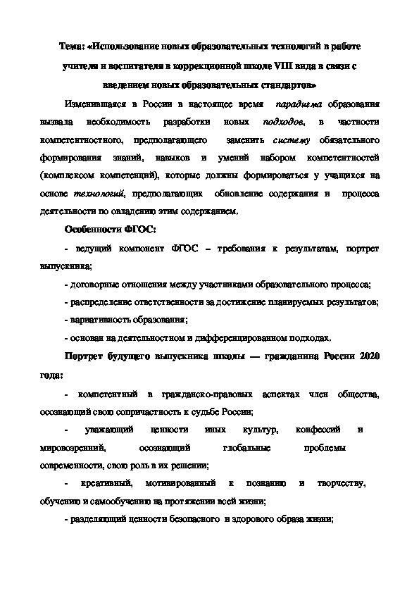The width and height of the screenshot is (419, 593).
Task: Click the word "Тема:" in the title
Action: [72, 46]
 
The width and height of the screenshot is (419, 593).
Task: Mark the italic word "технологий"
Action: [104, 192]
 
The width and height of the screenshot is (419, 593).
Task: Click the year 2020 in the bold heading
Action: [369, 356]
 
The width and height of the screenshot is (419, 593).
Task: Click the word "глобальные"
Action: [245, 447]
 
